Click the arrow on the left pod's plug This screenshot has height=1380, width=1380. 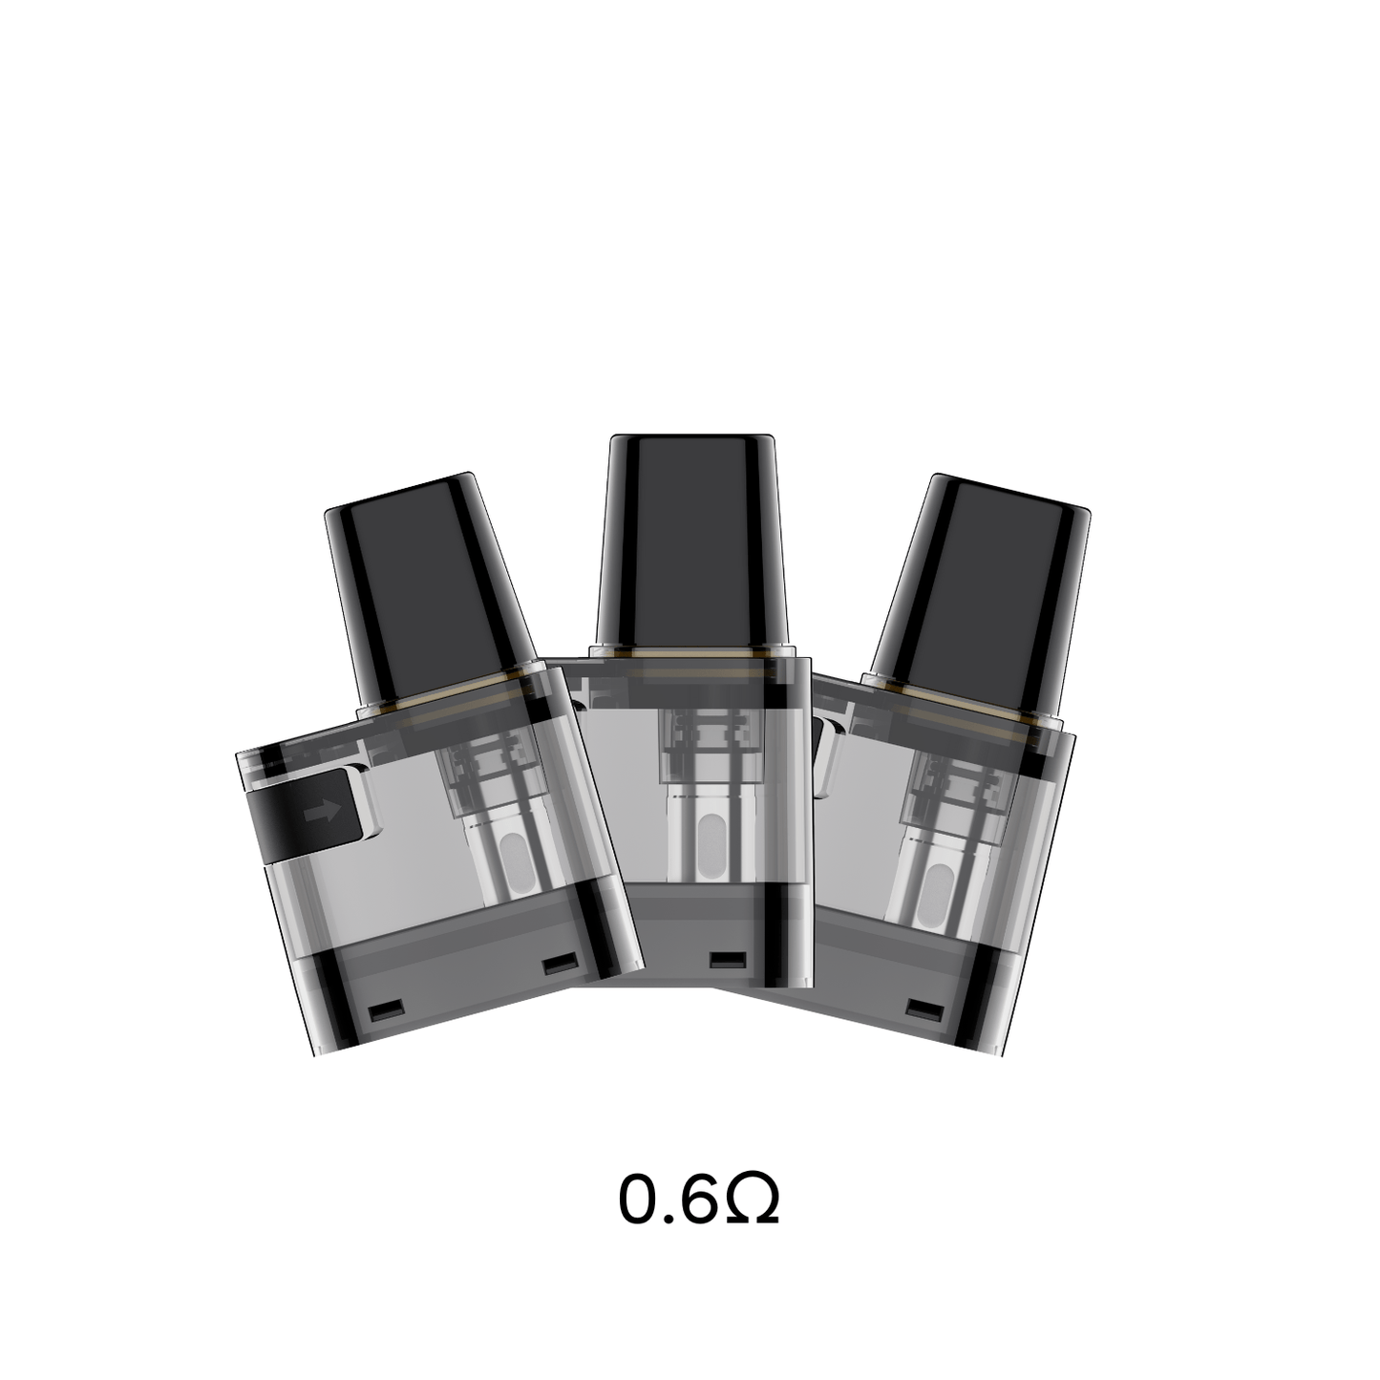(321, 812)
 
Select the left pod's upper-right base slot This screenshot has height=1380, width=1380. (555, 966)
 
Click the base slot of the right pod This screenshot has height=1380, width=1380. (920, 1009)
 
